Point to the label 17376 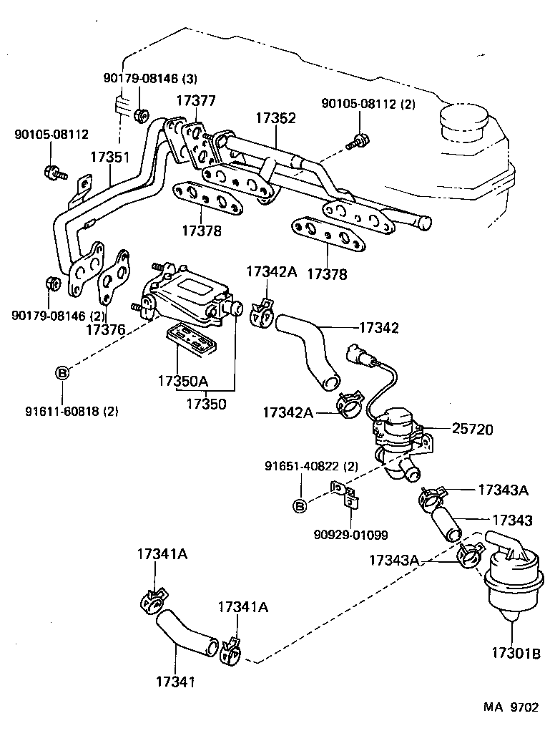point(105,329)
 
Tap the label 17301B point(515,653)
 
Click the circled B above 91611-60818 point(62,372)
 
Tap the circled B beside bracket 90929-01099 point(300,506)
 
